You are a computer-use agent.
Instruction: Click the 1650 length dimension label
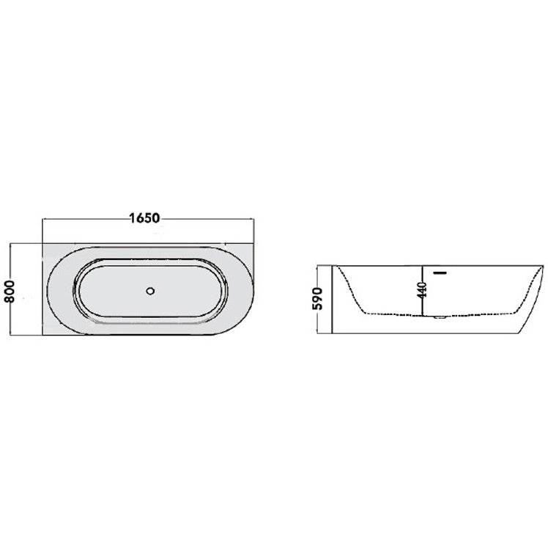click(x=144, y=218)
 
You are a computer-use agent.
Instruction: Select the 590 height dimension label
click(x=317, y=299)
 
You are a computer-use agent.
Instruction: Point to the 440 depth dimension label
click(x=423, y=289)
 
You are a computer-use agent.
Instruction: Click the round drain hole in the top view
click(x=151, y=291)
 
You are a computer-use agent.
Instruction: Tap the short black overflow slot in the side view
click(x=440, y=273)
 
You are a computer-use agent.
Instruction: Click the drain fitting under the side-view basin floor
click(x=440, y=318)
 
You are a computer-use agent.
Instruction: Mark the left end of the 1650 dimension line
click(x=42, y=220)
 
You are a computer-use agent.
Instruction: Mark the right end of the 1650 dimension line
click(x=254, y=220)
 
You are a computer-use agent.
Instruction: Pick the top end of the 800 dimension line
click(x=10, y=243)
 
